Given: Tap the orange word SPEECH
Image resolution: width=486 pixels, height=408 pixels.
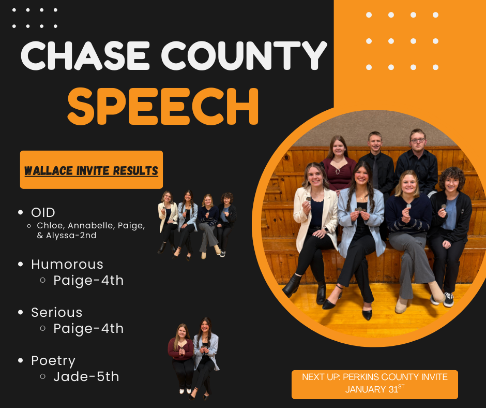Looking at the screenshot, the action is pos(163,106).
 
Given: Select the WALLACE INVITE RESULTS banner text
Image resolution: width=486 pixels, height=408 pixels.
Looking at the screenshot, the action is pos(91,171).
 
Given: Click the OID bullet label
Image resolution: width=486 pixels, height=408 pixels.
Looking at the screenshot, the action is pos(43,213).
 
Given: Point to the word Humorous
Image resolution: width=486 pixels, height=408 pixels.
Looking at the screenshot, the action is pos(67,265).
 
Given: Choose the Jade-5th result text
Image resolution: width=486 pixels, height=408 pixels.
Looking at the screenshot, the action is pos(86,376).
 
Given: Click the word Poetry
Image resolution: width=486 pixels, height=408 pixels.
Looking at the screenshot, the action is pos(53,361).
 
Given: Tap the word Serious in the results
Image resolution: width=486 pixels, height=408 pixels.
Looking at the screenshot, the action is pos(57,312).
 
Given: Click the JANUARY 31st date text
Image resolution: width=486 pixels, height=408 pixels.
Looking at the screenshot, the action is pos(375,389).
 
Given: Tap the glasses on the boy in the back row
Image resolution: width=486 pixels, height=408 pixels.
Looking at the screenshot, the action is pos(418,141).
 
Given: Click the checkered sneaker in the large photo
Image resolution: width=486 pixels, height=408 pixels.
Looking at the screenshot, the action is pos(448,300).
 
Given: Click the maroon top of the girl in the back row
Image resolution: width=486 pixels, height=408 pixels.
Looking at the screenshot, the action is pos(339,172).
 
